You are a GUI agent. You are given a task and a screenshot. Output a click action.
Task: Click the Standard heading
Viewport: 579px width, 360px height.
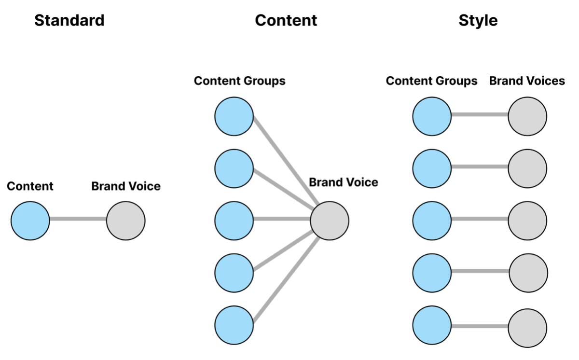pyautogui.click(x=69, y=20)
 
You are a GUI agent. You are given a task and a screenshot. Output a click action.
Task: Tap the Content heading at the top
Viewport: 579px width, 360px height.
pyautogui.click(x=286, y=20)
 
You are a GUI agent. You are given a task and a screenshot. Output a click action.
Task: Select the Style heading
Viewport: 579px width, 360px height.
pyautogui.click(x=478, y=20)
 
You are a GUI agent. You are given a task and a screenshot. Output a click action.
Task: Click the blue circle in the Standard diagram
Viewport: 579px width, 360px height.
pyautogui.click(x=30, y=221)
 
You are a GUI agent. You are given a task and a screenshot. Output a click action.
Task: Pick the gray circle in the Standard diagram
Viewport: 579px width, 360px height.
pyautogui.click(x=125, y=221)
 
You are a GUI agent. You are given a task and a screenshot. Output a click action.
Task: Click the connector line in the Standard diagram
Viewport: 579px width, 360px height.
pyautogui.click(x=78, y=220)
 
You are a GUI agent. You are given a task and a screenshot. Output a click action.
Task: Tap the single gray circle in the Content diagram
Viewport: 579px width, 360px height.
pyautogui.click(x=329, y=221)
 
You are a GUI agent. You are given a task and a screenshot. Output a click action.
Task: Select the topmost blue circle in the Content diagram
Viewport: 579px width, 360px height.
pyautogui.click(x=234, y=116)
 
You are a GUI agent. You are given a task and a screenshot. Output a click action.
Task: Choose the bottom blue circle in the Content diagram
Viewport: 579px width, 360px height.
pyautogui.click(x=234, y=325)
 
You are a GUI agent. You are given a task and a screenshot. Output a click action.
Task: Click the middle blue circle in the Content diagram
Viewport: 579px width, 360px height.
pyautogui.click(x=234, y=221)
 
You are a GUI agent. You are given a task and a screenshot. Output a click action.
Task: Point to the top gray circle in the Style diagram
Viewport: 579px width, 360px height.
pyautogui.click(x=527, y=116)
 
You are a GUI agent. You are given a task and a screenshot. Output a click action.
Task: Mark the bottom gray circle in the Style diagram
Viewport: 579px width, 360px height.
pyautogui.click(x=527, y=328)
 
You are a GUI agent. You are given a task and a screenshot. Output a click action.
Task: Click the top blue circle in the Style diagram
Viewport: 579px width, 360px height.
pyautogui.click(x=432, y=116)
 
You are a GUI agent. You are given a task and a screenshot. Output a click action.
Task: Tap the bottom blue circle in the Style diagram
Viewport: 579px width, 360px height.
pyautogui.click(x=432, y=327)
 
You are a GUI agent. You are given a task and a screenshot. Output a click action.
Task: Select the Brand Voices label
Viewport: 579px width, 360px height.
pyautogui.click(x=527, y=81)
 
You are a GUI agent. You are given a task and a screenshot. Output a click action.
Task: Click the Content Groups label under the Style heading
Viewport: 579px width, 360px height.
pyautogui.click(x=431, y=81)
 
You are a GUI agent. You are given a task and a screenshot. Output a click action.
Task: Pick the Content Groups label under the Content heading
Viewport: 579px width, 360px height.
pyautogui.click(x=239, y=81)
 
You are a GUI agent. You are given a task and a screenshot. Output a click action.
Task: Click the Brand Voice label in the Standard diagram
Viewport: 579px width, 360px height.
pyautogui.click(x=125, y=186)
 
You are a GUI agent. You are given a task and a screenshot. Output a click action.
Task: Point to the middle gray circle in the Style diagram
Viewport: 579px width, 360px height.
pyautogui.click(x=527, y=221)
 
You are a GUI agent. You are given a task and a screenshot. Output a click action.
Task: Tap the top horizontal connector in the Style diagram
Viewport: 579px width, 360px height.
pyautogui.click(x=479, y=115)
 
